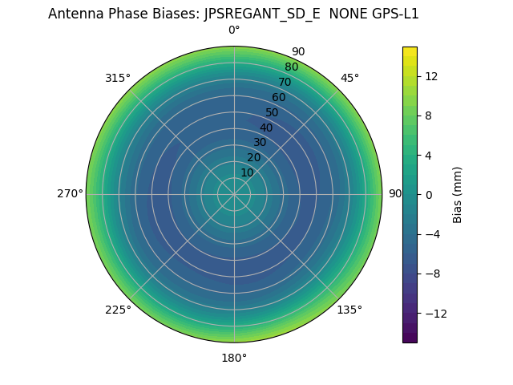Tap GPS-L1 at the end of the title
[392, 14]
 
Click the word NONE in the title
[343, 14]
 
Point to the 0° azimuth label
[234, 30]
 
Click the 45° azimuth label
[349, 78]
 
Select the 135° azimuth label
[349, 310]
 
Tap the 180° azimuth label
[234, 358]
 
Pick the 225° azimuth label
[118, 310]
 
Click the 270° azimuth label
[71, 194]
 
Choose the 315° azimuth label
[118, 78]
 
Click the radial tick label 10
[247, 172]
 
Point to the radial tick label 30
[260, 142]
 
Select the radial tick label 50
[273, 112]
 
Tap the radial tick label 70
[285, 82]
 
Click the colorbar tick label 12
[430, 75]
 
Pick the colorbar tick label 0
[428, 194]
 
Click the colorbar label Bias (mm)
[458, 194]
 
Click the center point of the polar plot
[234, 194]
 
